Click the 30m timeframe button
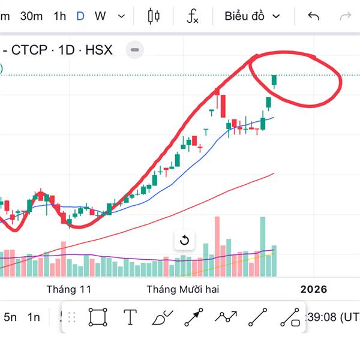[x=31, y=16]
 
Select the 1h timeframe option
[x=59, y=16]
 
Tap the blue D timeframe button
[x=80, y=16]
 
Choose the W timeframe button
[x=100, y=16]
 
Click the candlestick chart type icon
[x=154, y=16]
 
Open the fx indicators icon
[x=192, y=16]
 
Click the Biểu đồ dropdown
[x=252, y=16]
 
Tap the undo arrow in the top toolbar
[x=313, y=16]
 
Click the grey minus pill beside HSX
[x=135, y=50]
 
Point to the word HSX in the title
[x=99, y=50]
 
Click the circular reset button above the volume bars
[x=184, y=241]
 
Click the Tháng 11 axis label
[x=69, y=289]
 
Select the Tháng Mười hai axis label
[x=183, y=289]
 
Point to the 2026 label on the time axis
[x=314, y=289]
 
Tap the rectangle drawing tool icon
[x=98, y=317]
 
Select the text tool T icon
[x=130, y=317]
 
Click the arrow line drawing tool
[x=194, y=317]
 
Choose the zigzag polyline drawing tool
[x=226, y=317]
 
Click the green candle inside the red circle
[x=275, y=80]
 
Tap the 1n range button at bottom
[x=34, y=317]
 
